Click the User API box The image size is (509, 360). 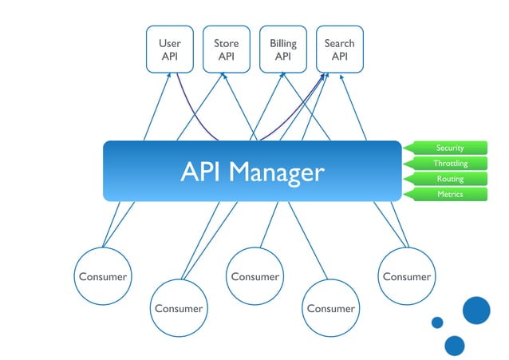(x=169, y=49)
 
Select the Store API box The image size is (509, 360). (x=226, y=49)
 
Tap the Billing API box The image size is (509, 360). (x=282, y=49)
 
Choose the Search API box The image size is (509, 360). (x=339, y=49)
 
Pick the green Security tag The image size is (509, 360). (x=448, y=148)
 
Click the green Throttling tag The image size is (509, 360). (x=448, y=163)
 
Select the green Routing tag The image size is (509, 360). (x=448, y=179)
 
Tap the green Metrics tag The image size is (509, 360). (x=448, y=194)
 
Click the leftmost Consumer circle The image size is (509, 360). (x=102, y=277)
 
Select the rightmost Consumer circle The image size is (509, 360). (x=406, y=277)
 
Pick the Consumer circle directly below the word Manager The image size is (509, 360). (x=254, y=277)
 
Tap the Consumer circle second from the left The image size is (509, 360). (x=179, y=308)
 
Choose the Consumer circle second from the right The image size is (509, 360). (x=330, y=308)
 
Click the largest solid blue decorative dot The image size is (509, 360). (x=476, y=311)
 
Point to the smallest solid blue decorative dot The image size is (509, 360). (x=437, y=322)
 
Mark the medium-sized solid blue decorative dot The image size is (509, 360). (x=455, y=345)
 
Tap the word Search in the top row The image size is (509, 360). (x=339, y=43)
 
